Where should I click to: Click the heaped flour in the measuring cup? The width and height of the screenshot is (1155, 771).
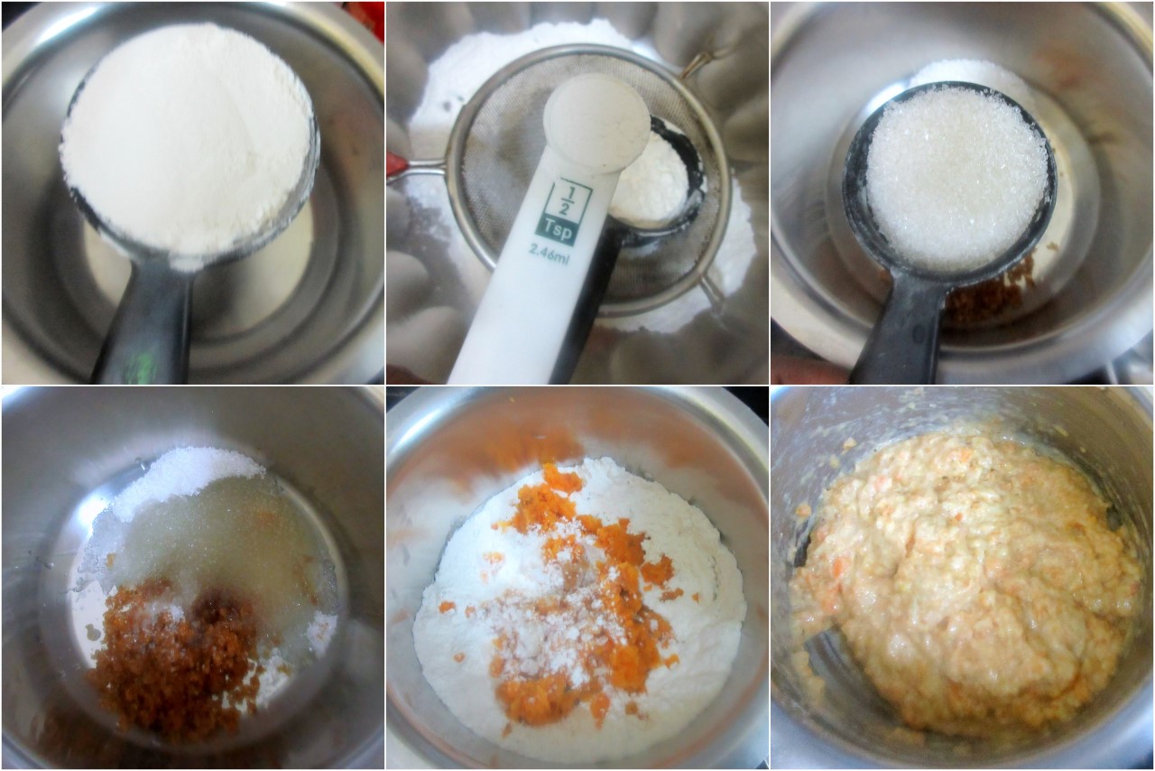(x=187, y=138)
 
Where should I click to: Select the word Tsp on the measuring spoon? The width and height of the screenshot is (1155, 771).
(x=559, y=232)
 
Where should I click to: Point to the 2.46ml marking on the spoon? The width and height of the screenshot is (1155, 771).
(x=550, y=256)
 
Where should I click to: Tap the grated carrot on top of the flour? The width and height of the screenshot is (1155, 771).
(x=568, y=593)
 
